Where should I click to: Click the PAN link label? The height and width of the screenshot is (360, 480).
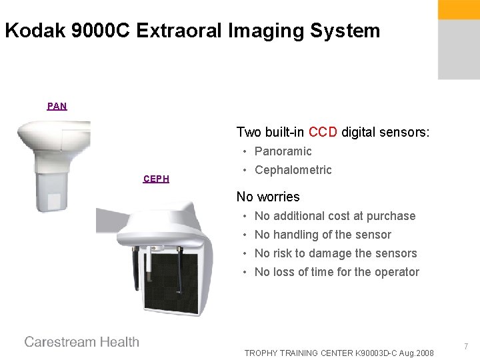[57, 106]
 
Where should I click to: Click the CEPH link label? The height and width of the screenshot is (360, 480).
[156, 179]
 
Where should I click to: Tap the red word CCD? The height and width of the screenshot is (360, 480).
[323, 132]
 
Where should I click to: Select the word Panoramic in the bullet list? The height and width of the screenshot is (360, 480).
[283, 151]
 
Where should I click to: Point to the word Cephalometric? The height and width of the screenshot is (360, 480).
[293, 170]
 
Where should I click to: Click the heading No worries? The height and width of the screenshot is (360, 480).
[268, 197]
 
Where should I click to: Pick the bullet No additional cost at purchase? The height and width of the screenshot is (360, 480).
[335, 216]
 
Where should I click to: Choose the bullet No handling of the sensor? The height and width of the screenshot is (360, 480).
[323, 235]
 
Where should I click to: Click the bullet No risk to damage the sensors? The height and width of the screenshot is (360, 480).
[335, 253]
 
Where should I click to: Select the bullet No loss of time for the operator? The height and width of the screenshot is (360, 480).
[337, 272]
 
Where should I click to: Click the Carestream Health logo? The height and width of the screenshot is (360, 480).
[82, 342]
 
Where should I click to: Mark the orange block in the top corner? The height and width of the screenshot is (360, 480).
[458, 9]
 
